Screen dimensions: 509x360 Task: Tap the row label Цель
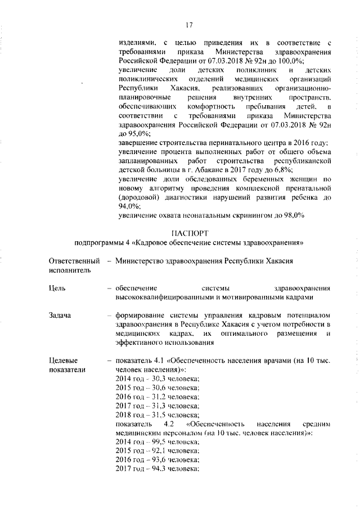(x=58, y=288)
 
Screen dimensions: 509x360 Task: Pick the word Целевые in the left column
(x=63, y=360)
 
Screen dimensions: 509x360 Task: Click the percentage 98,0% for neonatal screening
(x=292, y=214)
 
